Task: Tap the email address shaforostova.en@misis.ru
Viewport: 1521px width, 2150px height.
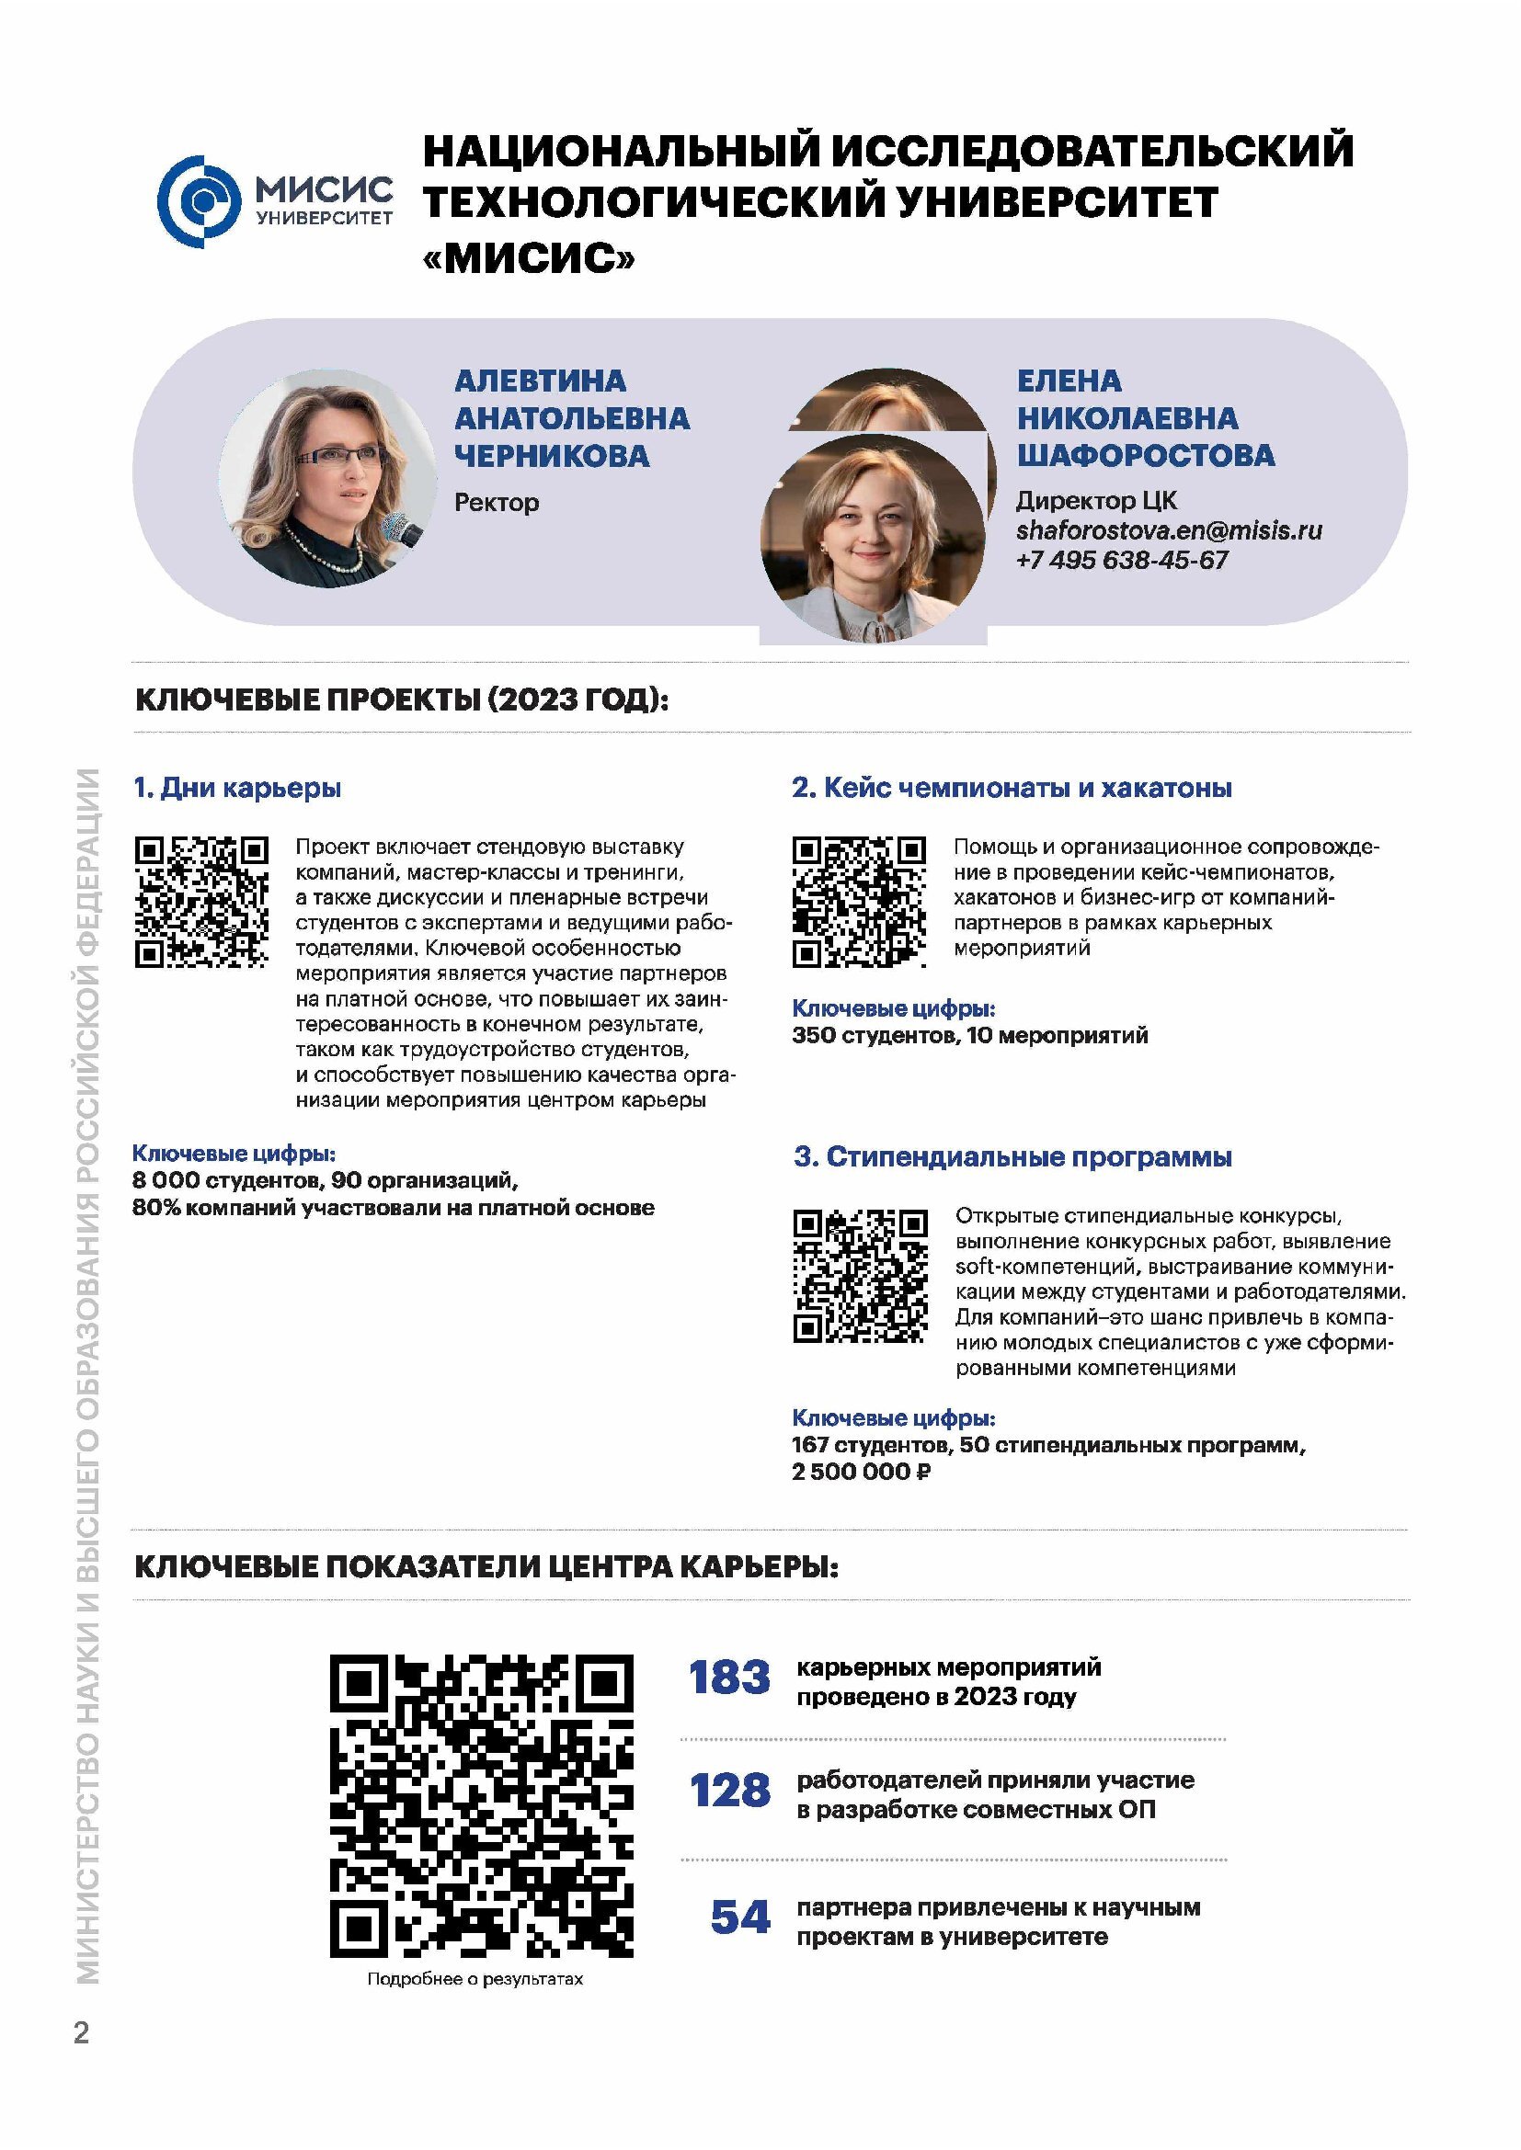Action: tap(1169, 531)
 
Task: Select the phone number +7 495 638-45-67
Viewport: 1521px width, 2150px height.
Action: tap(1121, 561)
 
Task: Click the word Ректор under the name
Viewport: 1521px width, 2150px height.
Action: tap(497, 503)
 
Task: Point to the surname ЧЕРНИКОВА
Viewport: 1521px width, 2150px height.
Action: tap(552, 456)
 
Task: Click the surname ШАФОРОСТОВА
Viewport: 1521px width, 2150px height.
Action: tap(1146, 456)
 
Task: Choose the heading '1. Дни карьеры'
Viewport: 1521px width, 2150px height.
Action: tap(237, 788)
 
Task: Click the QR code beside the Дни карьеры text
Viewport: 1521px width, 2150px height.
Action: tap(201, 902)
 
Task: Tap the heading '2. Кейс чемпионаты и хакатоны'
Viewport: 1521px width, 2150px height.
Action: tap(1012, 788)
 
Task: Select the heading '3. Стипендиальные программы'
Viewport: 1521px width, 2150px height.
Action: tap(1012, 1156)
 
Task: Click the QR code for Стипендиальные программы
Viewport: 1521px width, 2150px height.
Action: tap(860, 1276)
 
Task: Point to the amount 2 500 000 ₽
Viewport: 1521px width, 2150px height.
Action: tap(861, 1472)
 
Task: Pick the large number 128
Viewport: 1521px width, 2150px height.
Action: tap(729, 1791)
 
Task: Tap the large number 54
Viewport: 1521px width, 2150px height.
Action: tap(740, 1916)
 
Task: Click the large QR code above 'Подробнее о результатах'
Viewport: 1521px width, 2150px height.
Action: tap(481, 1805)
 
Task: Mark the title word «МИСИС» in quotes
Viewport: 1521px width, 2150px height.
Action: tap(528, 256)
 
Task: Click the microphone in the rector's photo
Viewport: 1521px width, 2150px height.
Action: tap(405, 529)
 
